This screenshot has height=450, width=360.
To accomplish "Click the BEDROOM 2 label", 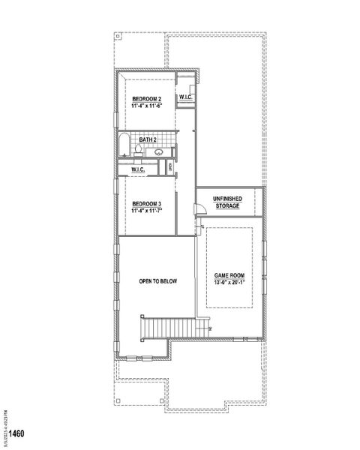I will (148, 100).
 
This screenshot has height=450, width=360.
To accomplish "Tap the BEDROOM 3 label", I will (148, 203).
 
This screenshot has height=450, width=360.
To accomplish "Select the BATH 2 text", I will (147, 139).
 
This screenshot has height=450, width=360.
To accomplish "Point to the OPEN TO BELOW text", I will (157, 281).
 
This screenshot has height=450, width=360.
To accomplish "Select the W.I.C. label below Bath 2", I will (138, 170).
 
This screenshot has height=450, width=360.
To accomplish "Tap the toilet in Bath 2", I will (139, 152).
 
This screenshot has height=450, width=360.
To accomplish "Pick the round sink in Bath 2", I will (159, 153).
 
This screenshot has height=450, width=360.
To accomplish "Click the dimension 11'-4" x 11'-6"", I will (148, 106).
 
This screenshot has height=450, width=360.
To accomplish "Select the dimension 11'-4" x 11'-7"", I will (148, 210).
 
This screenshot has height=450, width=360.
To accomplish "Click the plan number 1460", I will (13, 434).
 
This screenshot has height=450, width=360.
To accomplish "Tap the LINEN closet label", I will (172, 168).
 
